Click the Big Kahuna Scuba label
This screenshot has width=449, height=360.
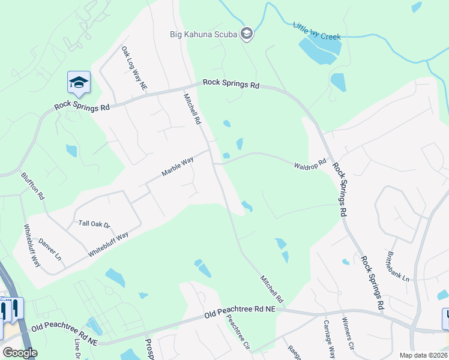pos(203,34)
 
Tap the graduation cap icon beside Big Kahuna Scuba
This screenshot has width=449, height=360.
pos(246,34)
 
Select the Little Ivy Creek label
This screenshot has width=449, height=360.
pos(316,32)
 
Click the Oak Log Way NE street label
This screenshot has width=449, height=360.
pos(134,69)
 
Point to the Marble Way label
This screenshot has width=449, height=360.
pos(178,166)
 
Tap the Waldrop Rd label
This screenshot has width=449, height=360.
pos(310,163)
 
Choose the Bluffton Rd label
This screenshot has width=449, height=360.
pos(33,187)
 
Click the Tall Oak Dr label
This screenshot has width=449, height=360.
pos(95,224)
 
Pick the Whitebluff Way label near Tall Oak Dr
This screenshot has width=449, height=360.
pos(108,245)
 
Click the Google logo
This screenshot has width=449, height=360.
pos(20,353)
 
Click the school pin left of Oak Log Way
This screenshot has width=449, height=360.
pos(79,83)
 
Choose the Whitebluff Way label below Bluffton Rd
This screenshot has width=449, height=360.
pos(32,246)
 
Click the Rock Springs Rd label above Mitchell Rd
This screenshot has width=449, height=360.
pos(231,84)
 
